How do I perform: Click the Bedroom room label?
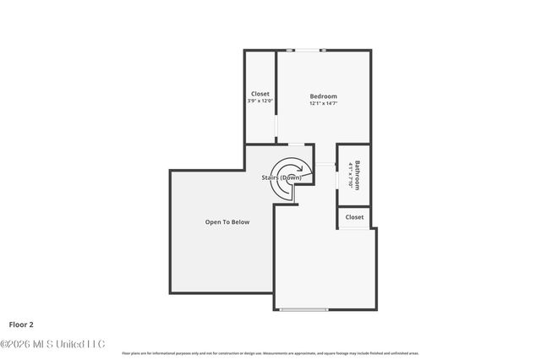click(x=323, y=96)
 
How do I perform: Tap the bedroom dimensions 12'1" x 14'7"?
click(x=323, y=105)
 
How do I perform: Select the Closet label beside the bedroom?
click(x=260, y=94)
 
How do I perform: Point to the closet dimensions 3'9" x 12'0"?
click(x=260, y=101)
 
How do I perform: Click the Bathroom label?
click(x=358, y=175)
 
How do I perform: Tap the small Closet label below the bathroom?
click(x=354, y=217)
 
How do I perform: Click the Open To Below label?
click(x=227, y=222)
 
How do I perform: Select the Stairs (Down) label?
click(x=281, y=178)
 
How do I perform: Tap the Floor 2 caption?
click(x=22, y=324)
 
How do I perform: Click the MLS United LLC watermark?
click(x=52, y=344)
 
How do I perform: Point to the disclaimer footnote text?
click(x=270, y=353)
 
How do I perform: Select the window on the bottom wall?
click(x=303, y=310)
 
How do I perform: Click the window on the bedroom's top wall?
click(x=307, y=51)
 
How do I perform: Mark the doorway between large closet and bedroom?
click(x=277, y=127)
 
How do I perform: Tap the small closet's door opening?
click(x=354, y=228)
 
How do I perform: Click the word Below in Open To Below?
click(x=239, y=222)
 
